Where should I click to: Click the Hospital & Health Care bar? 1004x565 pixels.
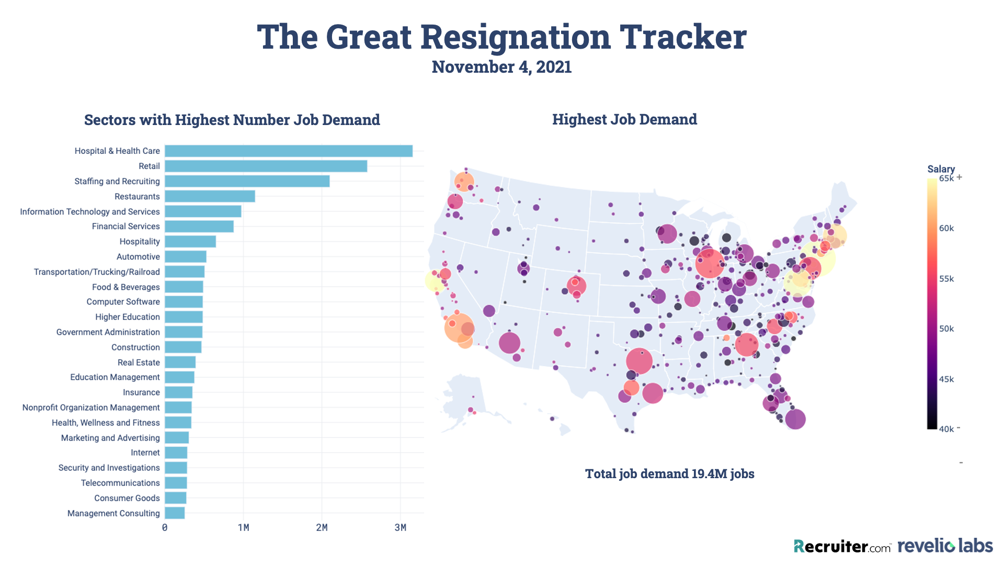point(289,151)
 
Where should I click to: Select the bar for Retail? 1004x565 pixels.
point(266,166)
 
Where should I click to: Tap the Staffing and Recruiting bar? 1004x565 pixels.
point(247,182)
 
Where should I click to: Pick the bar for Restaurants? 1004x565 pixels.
point(210,197)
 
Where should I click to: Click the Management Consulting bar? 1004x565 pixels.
point(175,513)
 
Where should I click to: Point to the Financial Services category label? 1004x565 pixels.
point(125,227)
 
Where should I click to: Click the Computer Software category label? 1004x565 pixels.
point(123,302)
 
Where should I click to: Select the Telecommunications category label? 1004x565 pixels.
point(120,483)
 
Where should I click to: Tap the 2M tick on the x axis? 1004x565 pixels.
point(322,527)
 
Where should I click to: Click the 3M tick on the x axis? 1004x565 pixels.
point(400,527)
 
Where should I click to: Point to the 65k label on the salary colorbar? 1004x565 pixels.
point(946,178)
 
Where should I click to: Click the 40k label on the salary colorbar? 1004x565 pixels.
point(946,430)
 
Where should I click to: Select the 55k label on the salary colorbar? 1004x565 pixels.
point(946,279)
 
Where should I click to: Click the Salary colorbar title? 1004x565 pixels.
point(941,169)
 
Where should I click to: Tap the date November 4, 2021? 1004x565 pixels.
point(501,67)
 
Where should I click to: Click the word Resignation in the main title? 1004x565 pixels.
point(515,37)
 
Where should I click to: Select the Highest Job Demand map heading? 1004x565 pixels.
point(624,119)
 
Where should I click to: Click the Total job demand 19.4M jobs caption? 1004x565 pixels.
point(669,473)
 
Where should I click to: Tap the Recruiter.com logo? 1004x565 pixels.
point(842,547)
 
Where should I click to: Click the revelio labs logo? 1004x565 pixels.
point(945,546)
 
